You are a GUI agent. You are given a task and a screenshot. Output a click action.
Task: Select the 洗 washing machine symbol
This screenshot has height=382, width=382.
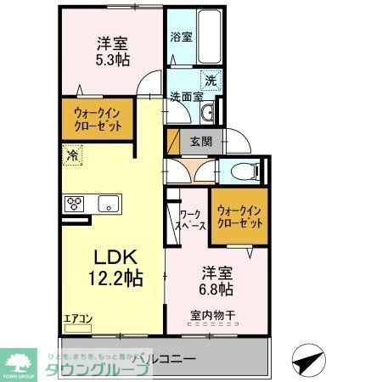[210, 81]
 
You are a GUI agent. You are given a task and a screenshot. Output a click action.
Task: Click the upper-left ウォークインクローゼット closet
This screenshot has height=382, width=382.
[96, 120]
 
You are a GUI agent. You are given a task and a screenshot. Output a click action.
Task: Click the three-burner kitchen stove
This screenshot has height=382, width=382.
[74, 204]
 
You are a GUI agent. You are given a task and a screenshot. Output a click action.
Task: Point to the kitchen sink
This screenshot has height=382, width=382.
[108, 204]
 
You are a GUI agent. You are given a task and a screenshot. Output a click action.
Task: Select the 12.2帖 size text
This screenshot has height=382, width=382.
[112, 278]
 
